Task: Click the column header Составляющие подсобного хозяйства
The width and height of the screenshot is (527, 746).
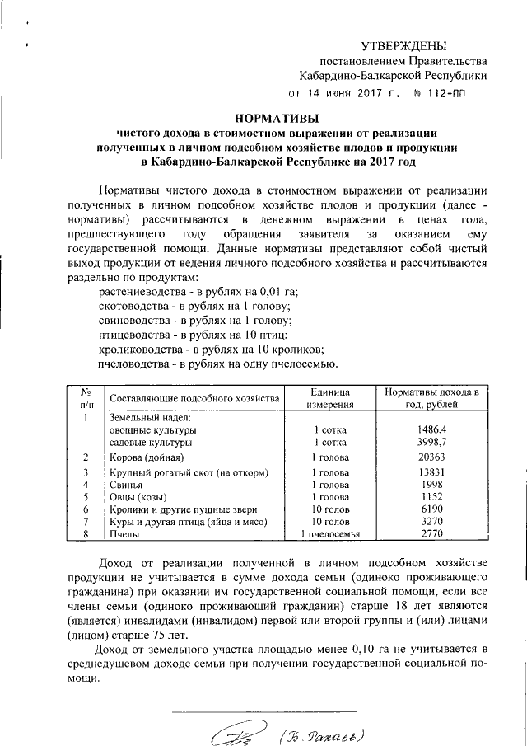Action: (194, 398)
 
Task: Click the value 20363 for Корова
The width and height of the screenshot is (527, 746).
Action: (431, 457)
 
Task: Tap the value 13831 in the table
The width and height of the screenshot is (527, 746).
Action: (431, 472)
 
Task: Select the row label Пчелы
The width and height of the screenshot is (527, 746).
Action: (125, 536)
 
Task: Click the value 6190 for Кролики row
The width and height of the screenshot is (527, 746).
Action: (431, 510)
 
